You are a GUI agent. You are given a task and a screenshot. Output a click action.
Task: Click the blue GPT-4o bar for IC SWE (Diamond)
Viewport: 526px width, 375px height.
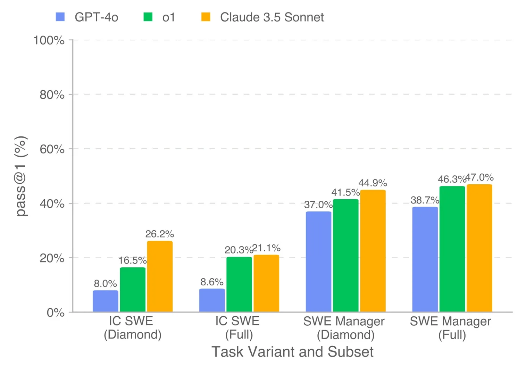(105, 301)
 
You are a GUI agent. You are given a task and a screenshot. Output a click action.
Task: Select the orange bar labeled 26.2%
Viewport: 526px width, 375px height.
(160, 276)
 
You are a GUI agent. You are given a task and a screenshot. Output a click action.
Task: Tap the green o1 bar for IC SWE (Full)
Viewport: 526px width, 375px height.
(239, 284)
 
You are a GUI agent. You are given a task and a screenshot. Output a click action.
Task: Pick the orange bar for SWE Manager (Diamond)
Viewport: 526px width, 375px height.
(373, 251)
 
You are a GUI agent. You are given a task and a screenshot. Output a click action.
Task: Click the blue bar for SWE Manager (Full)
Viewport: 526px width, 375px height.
(425, 259)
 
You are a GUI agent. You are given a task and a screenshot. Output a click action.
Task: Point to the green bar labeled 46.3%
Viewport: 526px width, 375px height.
(452, 249)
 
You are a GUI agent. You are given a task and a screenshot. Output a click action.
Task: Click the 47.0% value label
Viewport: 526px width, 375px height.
(479, 177)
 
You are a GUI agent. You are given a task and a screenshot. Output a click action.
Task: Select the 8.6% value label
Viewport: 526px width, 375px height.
(212, 282)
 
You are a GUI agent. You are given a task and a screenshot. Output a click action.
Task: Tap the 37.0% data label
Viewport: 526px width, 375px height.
(318, 205)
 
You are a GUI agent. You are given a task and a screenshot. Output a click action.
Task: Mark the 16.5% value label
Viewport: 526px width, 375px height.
(132, 260)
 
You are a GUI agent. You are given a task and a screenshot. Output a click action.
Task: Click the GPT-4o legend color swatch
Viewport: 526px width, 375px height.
(60, 17)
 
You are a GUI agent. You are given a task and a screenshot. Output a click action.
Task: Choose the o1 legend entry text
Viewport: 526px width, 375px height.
(169, 17)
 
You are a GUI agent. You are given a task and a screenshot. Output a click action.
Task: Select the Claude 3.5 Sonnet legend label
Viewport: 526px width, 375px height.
(272, 17)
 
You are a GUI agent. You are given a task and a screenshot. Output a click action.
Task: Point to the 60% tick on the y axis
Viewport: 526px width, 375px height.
(52, 149)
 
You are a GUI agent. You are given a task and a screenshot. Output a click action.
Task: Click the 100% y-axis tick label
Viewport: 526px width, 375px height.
(49, 40)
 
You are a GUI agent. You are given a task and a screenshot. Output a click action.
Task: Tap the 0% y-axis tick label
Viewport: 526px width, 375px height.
(56, 312)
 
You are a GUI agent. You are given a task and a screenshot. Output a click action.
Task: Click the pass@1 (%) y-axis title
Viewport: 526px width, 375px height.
(22, 176)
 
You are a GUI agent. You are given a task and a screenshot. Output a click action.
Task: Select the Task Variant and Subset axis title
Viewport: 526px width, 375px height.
(292, 352)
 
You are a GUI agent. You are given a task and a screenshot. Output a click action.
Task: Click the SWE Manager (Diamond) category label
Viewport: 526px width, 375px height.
(344, 328)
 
